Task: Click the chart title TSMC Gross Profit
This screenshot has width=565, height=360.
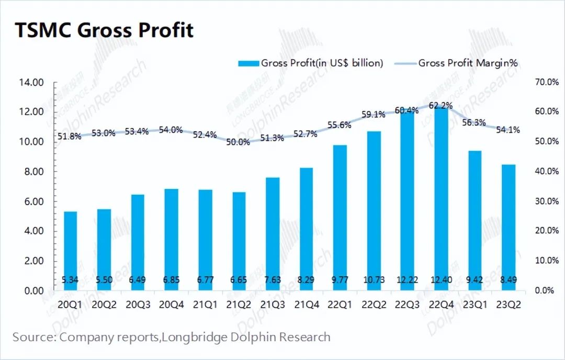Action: (x=104, y=30)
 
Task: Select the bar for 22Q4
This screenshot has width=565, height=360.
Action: (x=441, y=198)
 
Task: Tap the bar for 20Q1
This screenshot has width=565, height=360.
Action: (x=70, y=251)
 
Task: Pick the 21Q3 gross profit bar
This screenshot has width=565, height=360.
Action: (x=273, y=234)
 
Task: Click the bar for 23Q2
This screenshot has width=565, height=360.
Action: (x=508, y=228)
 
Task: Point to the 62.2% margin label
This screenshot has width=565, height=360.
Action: (x=440, y=106)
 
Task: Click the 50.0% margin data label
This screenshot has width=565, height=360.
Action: (x=238, y=142)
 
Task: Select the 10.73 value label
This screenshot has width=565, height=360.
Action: (x=374, y=279)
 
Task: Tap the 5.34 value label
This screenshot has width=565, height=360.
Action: (x=70, y=279)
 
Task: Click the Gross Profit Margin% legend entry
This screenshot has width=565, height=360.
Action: (x=456, y=63)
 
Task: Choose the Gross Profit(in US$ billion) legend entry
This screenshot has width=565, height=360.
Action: (x=311, y=63)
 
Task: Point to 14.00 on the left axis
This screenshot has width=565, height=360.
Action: (x=31, y=83)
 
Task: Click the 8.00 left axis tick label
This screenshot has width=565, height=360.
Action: (x=34, y=172)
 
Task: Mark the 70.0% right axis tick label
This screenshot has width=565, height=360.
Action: (x=547, y=82)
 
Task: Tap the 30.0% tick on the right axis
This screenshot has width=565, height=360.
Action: (x=547, y=201)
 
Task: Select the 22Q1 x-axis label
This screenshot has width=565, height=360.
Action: (x=340, y=305)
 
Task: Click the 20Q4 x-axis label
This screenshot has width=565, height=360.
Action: (x=171, y=305)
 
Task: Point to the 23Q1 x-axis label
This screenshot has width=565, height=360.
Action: (x=474, y=305)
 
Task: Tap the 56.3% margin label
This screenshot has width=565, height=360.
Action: (x=474, y=122)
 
